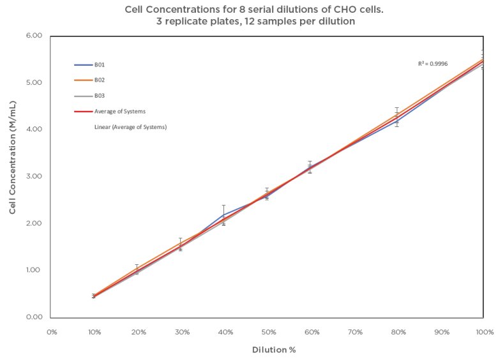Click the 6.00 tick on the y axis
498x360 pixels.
(x=33, y=36)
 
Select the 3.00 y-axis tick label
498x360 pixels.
(x=33, y=176)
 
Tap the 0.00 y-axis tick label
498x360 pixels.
(x=33, y=317)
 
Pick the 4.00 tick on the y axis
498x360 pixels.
(x=33, y=130)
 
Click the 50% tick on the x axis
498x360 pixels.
(x=269, y=333)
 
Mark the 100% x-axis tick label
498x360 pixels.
(x=485, y=333)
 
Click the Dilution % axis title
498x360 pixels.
(x=274, y=350)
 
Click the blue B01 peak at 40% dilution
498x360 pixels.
(x=223, y=214)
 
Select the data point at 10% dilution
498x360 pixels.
(x=94, y=296)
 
